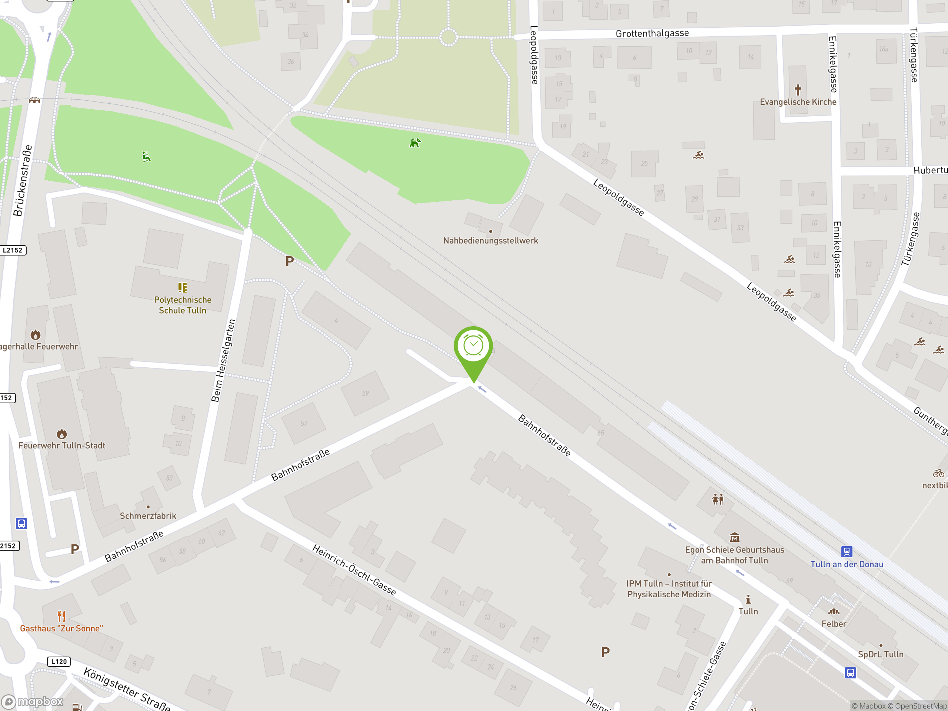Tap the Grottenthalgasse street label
[652, 33]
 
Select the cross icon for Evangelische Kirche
[798, 90]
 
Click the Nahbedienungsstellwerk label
[490, 240]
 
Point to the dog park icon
[415, 143]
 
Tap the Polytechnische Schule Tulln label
[183, 305]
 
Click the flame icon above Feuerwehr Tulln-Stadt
[62, 434]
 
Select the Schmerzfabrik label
[148, 515]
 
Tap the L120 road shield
[59, 661]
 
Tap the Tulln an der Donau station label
[847, 564]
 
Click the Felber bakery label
[834, 624]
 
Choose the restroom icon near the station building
[718, 499]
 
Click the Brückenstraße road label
[22, 180]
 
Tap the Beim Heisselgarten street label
[223, 360]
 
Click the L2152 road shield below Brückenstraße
[13, 250]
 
